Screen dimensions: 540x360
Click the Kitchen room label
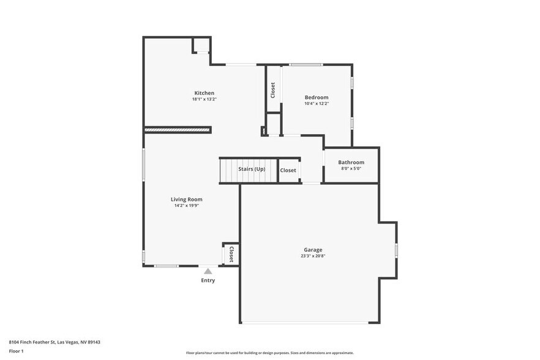coord(204,93)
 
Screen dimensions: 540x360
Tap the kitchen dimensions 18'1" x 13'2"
coord(204,99)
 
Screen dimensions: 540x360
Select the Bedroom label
coord(317,97)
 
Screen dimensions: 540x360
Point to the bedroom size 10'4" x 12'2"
coord(317,103)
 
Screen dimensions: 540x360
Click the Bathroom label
coord(351,162)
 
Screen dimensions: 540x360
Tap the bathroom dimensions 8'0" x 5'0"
coord(351,168)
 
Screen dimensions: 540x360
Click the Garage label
coord(313,250)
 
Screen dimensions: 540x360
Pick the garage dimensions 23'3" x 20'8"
coord(313,256)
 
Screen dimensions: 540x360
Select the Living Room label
coord(186,199)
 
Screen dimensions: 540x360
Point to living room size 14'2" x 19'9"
coord(186,206)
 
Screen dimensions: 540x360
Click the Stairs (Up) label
coord(252,168)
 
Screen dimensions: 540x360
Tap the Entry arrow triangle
coord(208,271)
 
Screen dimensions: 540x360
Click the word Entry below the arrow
coord(208,280)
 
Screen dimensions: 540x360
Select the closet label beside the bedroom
coord(272,90)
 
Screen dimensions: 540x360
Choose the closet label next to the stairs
coord(288,170)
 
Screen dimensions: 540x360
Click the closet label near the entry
coord(231,254)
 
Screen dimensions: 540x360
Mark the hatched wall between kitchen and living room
coord(178,130)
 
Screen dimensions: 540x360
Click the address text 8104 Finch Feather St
coord(54,342)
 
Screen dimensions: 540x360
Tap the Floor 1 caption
coord(16,351)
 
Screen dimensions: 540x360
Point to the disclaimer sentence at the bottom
coord(269,353)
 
